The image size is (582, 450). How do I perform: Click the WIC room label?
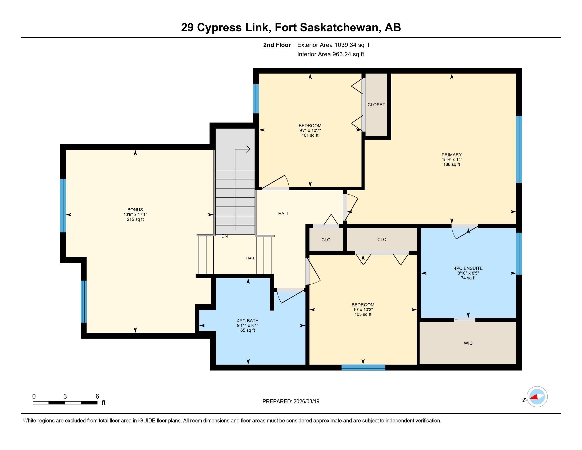(x=468, y=343)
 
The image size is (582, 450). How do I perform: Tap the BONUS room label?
(x=135, y=210)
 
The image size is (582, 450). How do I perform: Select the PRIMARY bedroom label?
(x=451, y=155)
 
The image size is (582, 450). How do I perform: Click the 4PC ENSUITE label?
(x=468, y=268)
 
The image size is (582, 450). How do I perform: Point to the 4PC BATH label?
(x=248, y=321)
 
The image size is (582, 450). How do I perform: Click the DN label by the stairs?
(x=225, y=236)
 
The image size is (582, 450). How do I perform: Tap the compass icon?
(x=537, y=397)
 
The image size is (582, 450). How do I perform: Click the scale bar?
(x=65, y=403)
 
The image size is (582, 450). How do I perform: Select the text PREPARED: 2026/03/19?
(x=291, y=401)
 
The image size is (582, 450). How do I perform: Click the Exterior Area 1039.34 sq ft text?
(x=333, y=45)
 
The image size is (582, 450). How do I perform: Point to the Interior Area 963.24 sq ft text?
(x=331, y=54)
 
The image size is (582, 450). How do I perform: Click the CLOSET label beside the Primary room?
(x=376, y=105)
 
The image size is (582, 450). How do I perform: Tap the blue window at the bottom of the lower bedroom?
(x=363, y=367)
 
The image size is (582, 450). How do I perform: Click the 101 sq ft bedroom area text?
(x=310, y=135)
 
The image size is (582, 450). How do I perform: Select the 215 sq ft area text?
(x=135, y=219)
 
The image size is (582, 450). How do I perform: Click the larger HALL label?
(x=284, y=214)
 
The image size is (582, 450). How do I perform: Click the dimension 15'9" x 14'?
(x=451, y=159)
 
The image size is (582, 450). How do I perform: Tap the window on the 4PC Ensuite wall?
(x=519, y=254)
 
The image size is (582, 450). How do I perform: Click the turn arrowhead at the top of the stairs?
(x=248, y=149)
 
